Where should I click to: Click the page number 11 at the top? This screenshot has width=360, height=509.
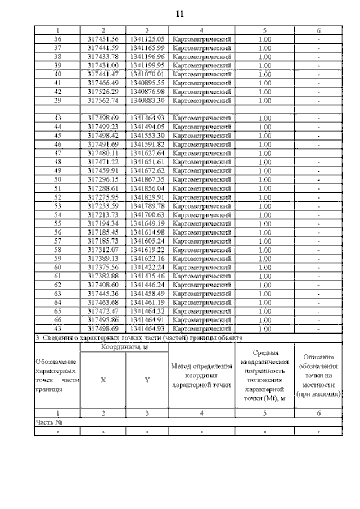point(180,12)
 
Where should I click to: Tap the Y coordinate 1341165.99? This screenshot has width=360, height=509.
point(147,48)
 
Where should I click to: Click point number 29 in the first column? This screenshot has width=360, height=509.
point(57,100)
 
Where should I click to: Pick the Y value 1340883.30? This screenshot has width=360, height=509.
point(147,100)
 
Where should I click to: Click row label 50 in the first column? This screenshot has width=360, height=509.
point(57,179)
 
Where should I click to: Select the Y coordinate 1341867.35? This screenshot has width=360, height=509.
point(147,179)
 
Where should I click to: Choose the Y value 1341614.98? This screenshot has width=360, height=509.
point(147,232)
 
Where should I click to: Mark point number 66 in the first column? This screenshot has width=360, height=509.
point(57,320)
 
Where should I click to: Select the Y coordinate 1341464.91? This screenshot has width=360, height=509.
point(147,320)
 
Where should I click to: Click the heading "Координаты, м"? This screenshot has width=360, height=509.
point(125,348)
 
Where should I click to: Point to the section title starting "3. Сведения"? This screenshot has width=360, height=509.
point(138,338)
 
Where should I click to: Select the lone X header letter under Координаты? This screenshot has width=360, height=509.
point(103,380)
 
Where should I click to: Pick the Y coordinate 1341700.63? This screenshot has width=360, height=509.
point(147,214)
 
